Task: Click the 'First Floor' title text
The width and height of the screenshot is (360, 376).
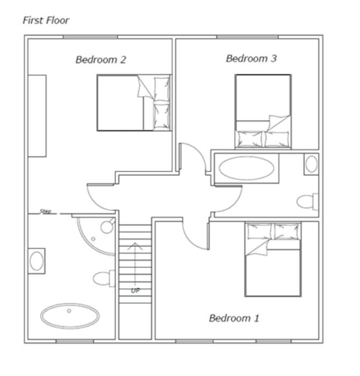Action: point(46,20)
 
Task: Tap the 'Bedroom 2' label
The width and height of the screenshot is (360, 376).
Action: point(101,59)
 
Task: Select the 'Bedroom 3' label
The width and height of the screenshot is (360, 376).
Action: point(252,58)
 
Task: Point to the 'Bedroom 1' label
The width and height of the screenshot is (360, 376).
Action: point(234,318)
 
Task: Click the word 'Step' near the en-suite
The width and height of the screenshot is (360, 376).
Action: point(45,211)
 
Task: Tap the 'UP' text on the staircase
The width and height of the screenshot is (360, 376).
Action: point(135,291)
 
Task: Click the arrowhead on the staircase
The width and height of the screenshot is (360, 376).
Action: point(135,246)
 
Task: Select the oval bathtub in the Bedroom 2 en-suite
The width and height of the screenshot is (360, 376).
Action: point(70,316)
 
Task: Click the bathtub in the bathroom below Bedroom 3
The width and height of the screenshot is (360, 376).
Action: point(247,168)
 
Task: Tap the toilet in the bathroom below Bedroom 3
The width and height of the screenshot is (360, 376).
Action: point(307,201)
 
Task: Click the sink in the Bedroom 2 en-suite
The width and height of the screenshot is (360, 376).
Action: point(36,261)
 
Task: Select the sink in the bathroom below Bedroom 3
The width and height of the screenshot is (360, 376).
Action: point(312,164)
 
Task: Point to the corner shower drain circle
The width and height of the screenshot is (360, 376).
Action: point(93,239)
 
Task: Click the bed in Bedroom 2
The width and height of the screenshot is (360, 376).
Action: point(134,102)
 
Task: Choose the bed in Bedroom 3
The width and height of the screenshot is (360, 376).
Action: point(263,112)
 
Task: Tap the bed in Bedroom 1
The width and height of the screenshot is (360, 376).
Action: point(273,259)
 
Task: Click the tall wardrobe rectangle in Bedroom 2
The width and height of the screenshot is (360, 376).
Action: point(37,116)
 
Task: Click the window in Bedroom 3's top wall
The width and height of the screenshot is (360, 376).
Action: point(248,37)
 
